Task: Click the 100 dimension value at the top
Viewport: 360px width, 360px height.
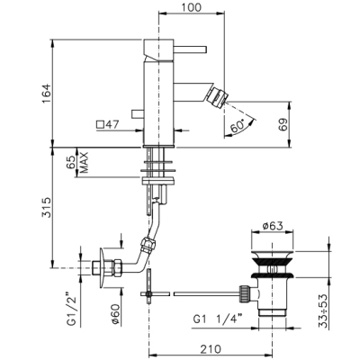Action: click(x=192, y=7)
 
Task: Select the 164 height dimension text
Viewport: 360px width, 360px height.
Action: click(x=47, y=94)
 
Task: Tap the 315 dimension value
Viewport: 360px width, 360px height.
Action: click(x=47, y=207)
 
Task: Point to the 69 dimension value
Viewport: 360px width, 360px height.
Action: click(x=283, y=124)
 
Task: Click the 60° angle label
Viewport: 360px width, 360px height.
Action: click(x=238, y=127)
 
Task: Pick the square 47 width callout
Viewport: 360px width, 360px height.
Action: click(x=108, y=124)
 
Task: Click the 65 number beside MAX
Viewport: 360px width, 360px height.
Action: click(x=71, y=163)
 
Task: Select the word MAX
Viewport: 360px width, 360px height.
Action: click(x=85, y=163)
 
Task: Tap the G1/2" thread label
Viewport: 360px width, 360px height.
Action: click(x=72, y=310)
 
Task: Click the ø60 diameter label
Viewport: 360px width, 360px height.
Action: click(x=115, y=313)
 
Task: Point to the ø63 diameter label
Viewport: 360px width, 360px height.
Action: click(x=273, y=226)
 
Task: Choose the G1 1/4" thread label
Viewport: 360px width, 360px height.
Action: click(x=218, y=320)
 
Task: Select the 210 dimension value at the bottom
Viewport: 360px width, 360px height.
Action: click(x=211, y=349)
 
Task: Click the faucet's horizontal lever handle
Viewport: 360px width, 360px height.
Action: click(x=190, y=49)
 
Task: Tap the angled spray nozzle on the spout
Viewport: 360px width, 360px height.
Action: click(x=216, y=96)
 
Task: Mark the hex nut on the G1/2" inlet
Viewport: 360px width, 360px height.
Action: click(x=117, y=268)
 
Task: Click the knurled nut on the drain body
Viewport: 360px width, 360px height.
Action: click(x=244, y=294)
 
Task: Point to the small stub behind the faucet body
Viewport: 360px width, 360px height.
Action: click(x=138, y=114)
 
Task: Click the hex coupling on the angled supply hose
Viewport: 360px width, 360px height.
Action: click(x=148, y=245)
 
